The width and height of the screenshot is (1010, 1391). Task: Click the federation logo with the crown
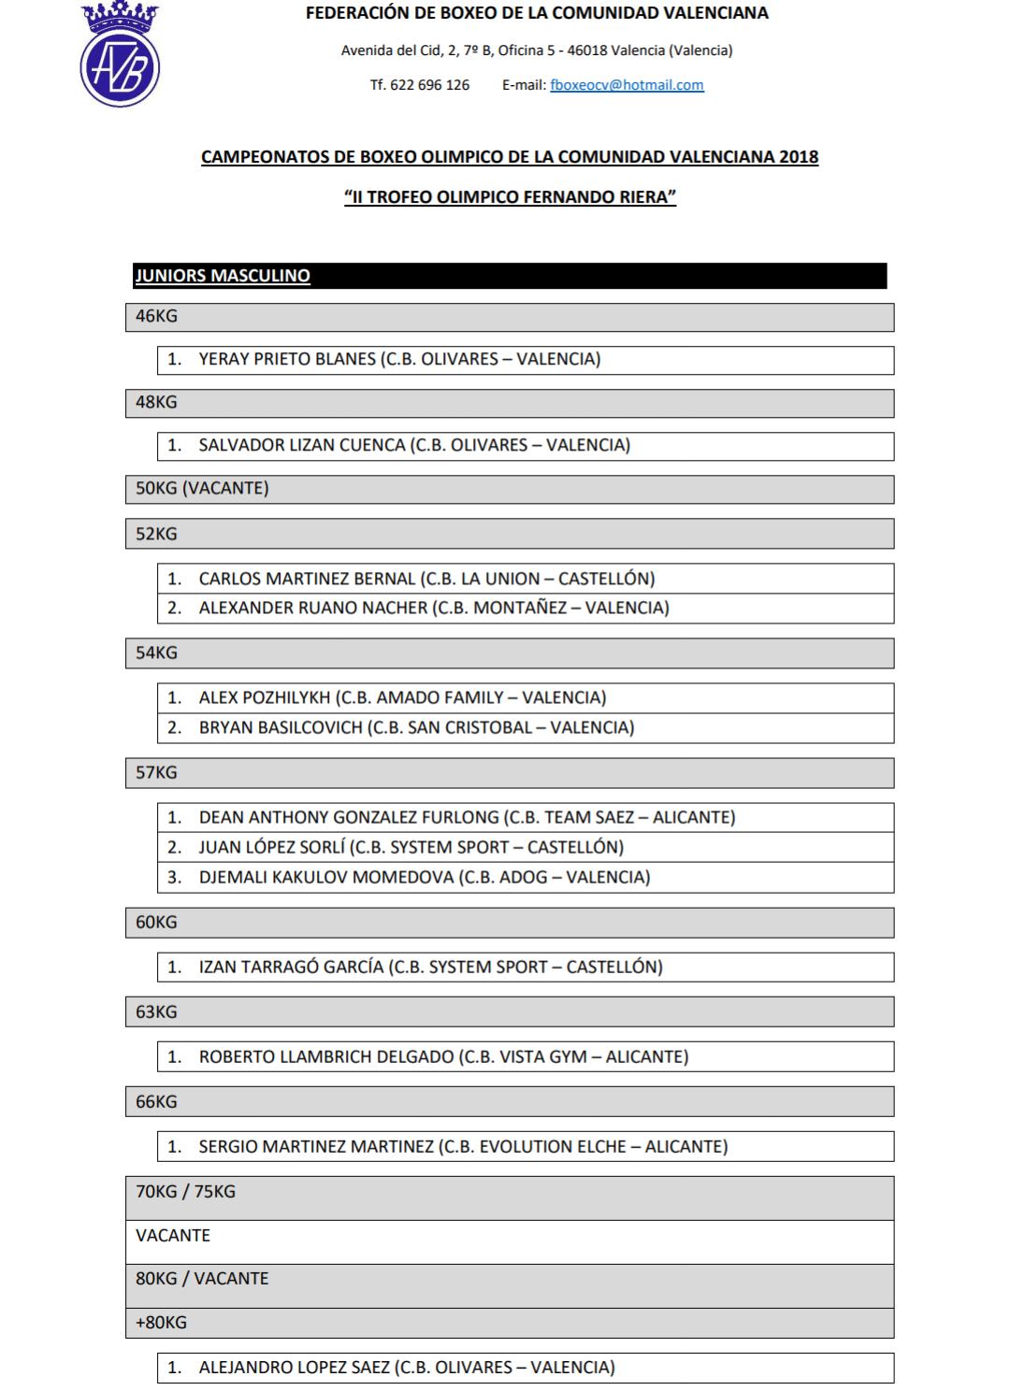pyautogui.click(x=120, y=56)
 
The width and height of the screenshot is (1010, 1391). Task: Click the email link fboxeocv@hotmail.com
pyautogui.click(x=627, y=85)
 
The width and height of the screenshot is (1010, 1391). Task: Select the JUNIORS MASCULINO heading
pyautogui.click(x=223, y=276)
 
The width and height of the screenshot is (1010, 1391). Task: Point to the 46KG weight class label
pyautogui.click(x=156, y=316)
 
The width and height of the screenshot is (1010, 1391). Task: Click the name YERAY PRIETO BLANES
pyautogui.click(x=287, y=359)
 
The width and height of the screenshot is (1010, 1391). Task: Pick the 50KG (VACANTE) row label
pyautogui.click(x=202, y=488)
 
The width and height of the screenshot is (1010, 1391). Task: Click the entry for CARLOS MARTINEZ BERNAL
pyautogui.click(x=307, y=579)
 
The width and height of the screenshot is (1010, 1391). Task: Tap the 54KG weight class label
pyautogui.click(x=156, y=652)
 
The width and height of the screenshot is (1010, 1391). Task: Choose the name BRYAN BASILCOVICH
pyautogui.click(x=281, y=727)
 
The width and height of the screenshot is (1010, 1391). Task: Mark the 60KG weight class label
pyautogui.click(x=156, y=922)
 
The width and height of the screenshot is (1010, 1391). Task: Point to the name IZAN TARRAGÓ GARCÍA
pyautogui.click(x=291, y=967)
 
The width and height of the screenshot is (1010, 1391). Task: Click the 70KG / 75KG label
pyautogui.click(x=185, y=1192)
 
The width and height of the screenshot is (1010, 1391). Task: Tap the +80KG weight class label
pyautogui.click(x=161, y=1323)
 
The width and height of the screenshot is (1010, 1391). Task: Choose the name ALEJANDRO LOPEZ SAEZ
pyautogui.click(x=294, y=1367)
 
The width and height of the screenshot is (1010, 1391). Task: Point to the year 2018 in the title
pyautogui.click(x=798, y=157)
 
